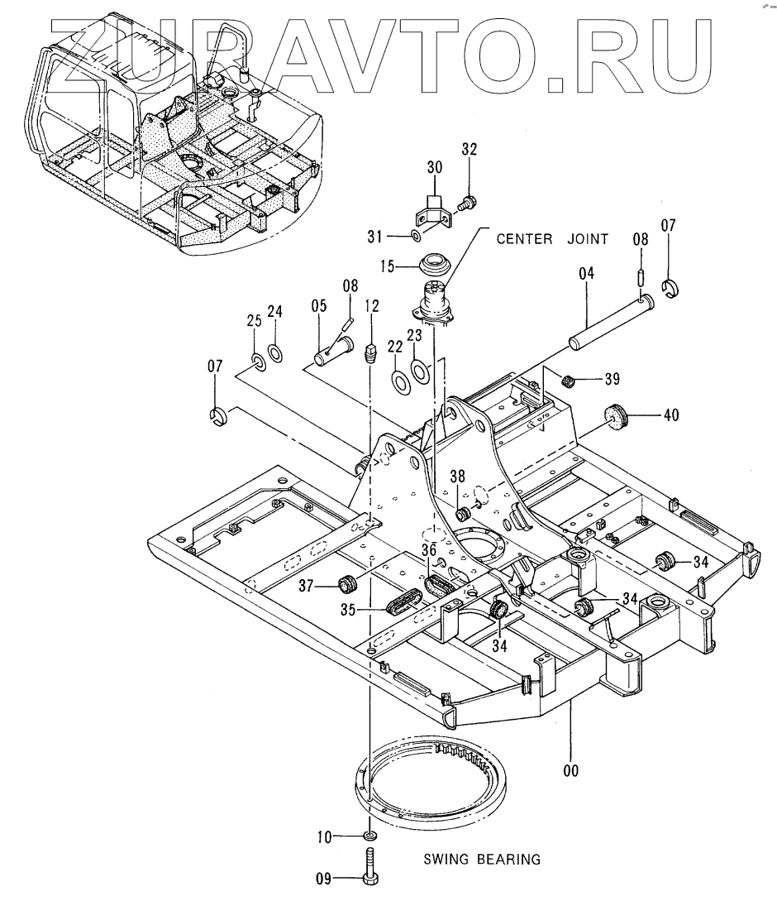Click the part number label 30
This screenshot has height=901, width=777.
tap(435, 167)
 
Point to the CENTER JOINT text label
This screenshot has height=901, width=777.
tap(552, 239)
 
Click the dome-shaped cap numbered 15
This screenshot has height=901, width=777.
tap(434, 266)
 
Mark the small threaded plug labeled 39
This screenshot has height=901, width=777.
tap(569, 381)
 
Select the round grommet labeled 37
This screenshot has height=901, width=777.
tap(348, 583)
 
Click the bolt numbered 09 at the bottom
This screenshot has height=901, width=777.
tap(369, 868)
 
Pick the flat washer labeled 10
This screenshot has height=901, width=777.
tap(369, 837)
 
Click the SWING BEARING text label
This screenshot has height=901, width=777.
tap(482, 860)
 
